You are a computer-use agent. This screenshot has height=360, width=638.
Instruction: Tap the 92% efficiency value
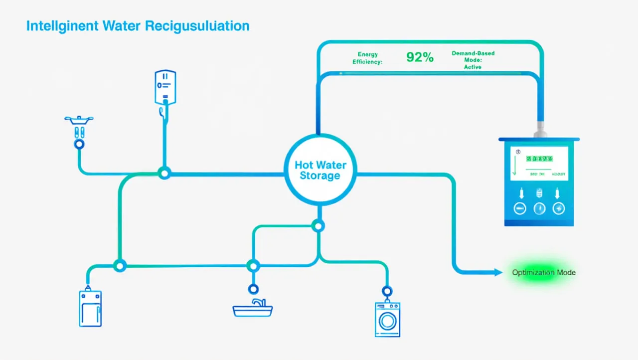pyautogui.click(x=420, y=57)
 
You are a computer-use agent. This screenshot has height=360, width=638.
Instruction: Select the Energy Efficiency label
pyautogui.click(x=368, y=58)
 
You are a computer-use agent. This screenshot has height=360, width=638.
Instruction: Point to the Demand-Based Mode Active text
pyautogui.click(x=473, y=59)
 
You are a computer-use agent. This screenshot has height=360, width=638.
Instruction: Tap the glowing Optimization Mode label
pyautogui.click(x=543, y=273)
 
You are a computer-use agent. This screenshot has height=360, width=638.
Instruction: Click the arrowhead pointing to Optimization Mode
pyautogui.click(x=497, y=272)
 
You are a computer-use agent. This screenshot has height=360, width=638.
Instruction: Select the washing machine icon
pyautogui.click(x=387, y=320)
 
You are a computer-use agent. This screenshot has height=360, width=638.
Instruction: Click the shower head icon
pyautogui.click(x=79, y=120)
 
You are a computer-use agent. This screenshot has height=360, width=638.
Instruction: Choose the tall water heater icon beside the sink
pyautogui.click(x=90, y=308)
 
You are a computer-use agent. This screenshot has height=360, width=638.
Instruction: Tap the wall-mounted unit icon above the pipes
pyautogui.click(x=165, y=87)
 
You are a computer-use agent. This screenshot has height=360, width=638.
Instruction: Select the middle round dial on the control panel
pyautogui.click(x=539, y=208)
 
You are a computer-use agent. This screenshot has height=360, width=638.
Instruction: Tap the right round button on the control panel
pyautogui.click(x=559, y=208)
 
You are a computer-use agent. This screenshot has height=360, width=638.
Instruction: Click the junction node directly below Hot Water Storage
pyautogui.click(x=318, y=226)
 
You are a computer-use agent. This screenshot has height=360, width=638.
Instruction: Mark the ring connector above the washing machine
pyautogui.click(x=386, y=291)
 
